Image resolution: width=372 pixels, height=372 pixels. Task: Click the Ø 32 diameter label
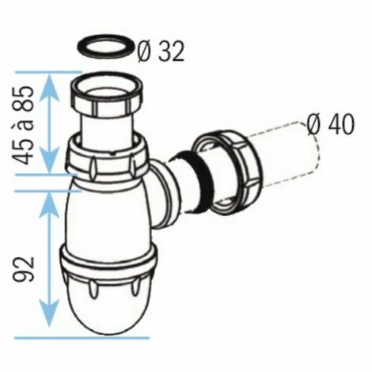pyautogui.click(x=161, y=51)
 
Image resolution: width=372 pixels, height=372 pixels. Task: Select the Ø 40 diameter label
pyautogui.click(x=331, y=125)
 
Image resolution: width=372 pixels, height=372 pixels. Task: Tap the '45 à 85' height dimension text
pyautogui.click(x=24, y=124)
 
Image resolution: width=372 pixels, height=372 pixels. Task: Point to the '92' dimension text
pyautogui.click(x=24, y=269)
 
